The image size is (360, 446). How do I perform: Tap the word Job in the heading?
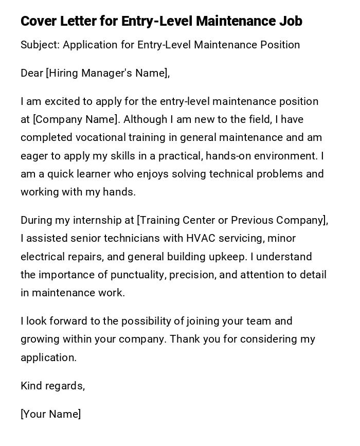click(x=291, y=21)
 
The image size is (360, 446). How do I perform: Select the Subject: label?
click(x=40, y=45)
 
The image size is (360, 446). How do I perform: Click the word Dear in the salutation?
click(x=32, y=73)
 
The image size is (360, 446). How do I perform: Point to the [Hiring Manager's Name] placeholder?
click(x=107, y=73)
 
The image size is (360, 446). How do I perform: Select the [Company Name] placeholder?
click(x=76, y=119)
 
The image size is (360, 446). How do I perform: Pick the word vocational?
click(x=101, y=137)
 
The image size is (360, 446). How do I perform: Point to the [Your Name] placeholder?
click(x=50, y=414)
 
